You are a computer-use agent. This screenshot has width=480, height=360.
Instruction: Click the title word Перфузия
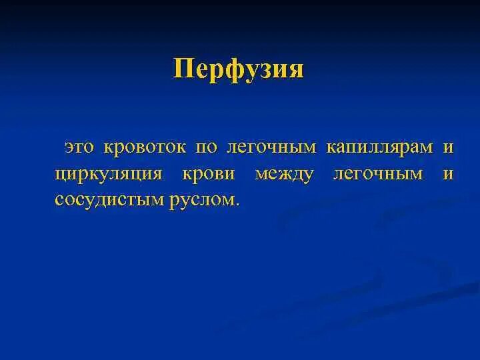238,69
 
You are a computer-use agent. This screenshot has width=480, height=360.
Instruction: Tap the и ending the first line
448,147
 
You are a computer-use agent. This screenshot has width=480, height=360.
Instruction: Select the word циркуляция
109,173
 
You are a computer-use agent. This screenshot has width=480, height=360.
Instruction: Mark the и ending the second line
448,173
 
